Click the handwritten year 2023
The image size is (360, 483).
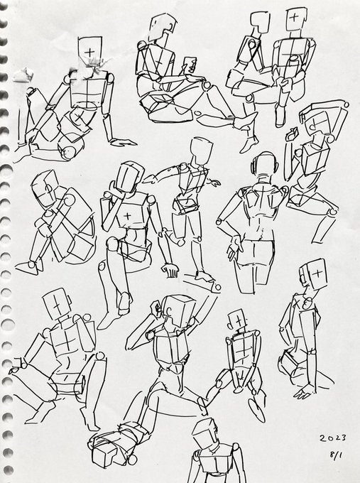coord(332,438)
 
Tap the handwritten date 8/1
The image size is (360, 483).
coord(336,455)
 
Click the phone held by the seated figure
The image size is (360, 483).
coord(190,65)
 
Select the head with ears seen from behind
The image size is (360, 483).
coord(265,165)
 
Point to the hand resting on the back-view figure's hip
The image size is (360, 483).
coord(234,246)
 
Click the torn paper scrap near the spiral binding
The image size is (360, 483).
coord(23,75)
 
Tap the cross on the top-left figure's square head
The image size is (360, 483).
coord(89,52)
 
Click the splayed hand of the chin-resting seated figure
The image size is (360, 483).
coord(171,270)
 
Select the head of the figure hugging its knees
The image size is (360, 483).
coord(45,188)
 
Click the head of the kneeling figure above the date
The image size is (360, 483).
coord(314,274)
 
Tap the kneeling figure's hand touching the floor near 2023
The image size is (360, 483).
coord(304,392)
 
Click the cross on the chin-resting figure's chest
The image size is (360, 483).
coord(127,216)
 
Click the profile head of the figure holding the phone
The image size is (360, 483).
coord(163,27)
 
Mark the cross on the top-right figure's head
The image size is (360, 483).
coord(295,16)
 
